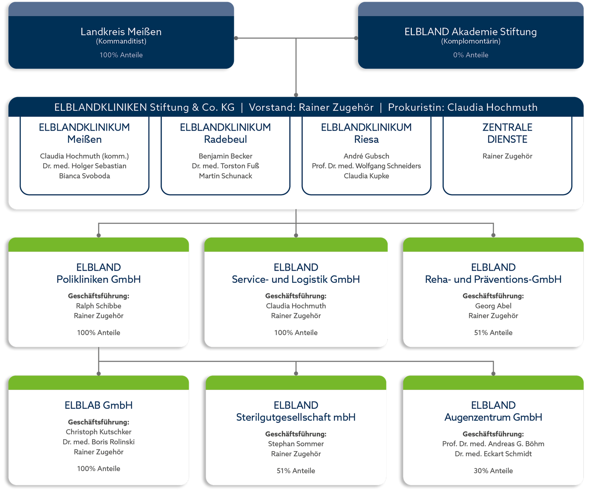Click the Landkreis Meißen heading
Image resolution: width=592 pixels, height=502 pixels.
[x=121, y=32]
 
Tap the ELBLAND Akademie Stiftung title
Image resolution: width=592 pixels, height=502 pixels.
[x=470, y=32]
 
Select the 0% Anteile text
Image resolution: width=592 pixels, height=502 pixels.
[x=470, y=55]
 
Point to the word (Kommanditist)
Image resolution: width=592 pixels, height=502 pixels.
[x=121, y=41]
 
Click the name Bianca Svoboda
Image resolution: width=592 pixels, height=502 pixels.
[x=84, y=176]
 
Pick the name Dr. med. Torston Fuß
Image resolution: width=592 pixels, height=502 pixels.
[x=225, y=166]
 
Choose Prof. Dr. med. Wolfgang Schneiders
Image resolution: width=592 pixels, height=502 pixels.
[x=366, y=166]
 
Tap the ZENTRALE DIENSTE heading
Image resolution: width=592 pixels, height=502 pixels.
[x=507, y=133]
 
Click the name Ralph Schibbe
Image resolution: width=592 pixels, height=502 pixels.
[x=98, y=306]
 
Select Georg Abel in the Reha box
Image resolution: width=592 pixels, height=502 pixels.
[x=493, y=306]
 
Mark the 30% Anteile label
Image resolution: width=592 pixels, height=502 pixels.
[x=493, y=471]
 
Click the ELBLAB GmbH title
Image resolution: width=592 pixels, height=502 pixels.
[x=98, y=405]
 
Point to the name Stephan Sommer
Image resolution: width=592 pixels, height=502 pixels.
[x=296, y=444]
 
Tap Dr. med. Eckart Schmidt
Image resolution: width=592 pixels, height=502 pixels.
[x=493, y=454]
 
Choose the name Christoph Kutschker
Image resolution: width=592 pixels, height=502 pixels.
[x=98, y=432]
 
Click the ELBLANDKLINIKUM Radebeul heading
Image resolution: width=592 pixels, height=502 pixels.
[x=225, y=133]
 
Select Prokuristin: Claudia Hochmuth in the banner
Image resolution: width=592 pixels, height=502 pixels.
[x=463, y=107]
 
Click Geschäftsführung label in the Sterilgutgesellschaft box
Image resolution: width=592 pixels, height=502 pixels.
[x=296, y=434]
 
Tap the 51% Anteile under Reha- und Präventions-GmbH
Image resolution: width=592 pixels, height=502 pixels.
[x=493, y=333]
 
